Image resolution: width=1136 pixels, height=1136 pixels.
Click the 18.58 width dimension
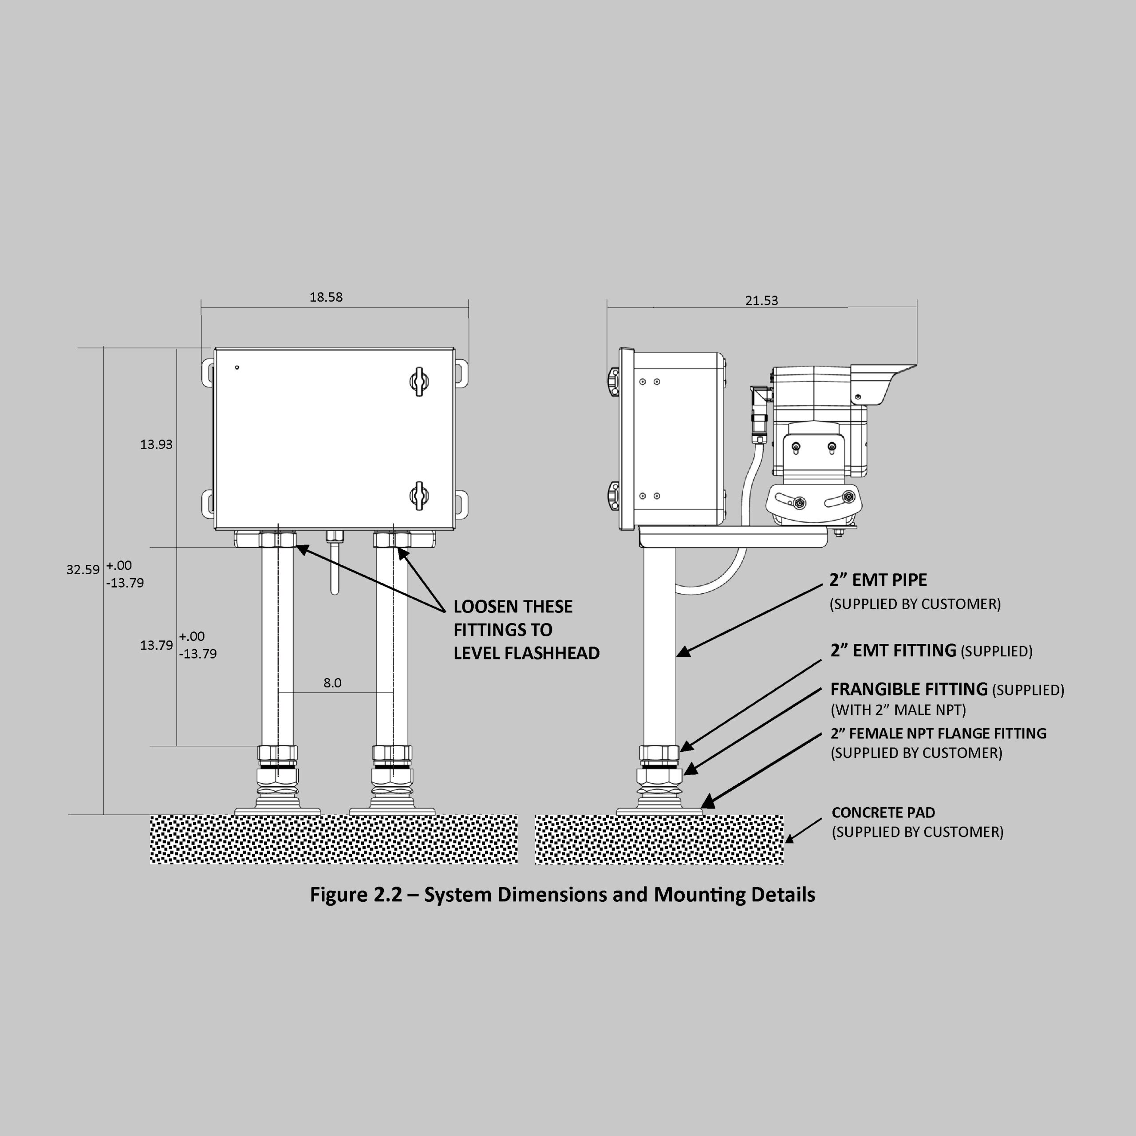[326, 297]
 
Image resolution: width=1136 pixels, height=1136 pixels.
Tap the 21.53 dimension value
[761, 300]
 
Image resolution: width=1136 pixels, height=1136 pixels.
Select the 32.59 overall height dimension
[83, 569]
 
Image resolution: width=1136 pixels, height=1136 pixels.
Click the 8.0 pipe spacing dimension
[332, 682]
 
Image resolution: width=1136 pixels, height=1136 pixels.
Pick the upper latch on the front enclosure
[418, 382]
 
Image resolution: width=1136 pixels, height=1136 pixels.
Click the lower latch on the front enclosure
[418, 496]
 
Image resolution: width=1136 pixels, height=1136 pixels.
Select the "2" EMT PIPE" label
[878, 580]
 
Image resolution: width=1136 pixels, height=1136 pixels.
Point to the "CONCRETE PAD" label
[883, 812]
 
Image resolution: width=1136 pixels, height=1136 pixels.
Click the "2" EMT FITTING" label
[893, 651]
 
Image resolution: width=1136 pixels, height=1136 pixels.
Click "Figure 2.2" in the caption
[356, 894]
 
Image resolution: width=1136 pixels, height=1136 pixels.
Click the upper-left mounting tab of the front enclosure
[208, 373]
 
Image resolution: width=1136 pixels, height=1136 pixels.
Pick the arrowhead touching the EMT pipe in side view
[684, 651]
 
